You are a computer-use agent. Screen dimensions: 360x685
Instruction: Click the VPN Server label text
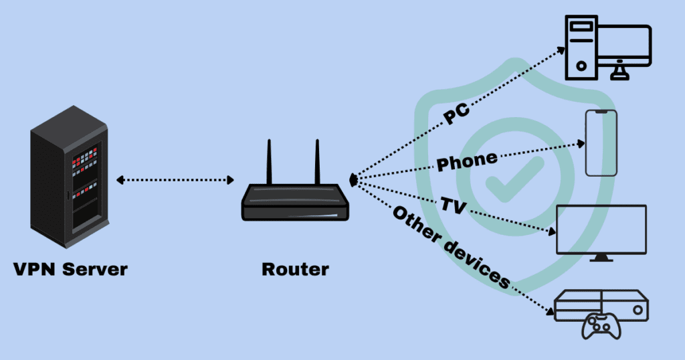pyautogui.click(x=70, y=270)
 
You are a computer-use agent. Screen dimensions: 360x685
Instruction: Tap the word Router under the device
pyautogui.click(x=295, y=270)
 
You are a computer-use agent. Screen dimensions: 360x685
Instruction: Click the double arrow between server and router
pyautogui.click(x=175, y=180)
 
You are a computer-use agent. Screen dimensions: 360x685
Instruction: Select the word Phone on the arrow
pyautogui.click(x=467, y=161)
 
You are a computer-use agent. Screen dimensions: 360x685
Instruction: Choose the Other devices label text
pyautogui.click(x=452, y=247)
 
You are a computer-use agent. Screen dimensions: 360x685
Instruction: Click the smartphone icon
pyautogui.click(x=601, y=143)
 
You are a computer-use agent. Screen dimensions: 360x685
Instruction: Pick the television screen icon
pyautogui.click(x=601, y=229)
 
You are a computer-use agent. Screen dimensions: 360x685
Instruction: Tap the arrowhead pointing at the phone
pyautogui.click(x=581, y=143)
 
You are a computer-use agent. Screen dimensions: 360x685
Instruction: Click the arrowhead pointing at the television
pyautogui.click(x=553, y=232)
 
